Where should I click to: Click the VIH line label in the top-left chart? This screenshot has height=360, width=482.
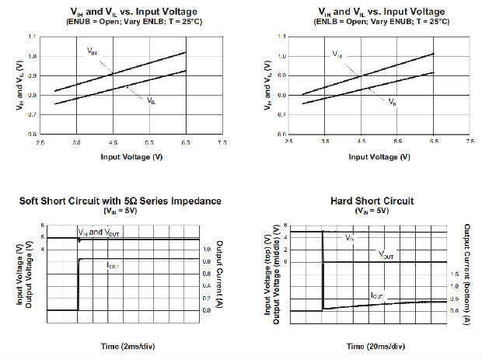click(92, 51)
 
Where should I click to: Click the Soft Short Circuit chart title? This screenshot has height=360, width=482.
click(120, 201)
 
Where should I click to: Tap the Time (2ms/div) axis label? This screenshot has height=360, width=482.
click(121, 344)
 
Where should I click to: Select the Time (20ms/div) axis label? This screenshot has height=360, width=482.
click(362, 344)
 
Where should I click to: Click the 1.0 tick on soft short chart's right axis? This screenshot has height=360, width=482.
click(207, 250)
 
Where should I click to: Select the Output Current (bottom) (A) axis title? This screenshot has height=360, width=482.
click(467, 273)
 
